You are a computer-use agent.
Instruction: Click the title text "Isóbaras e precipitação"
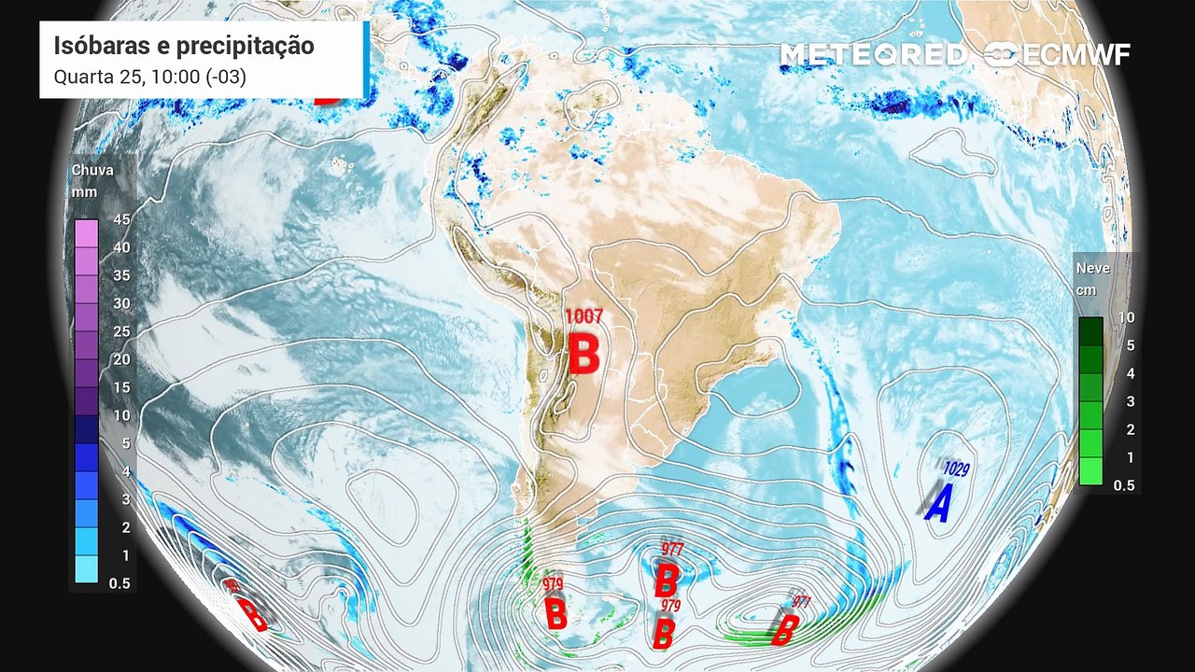pyautogui.click(x=184, y=47)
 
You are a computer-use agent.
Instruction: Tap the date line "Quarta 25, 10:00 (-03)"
pyautogui.click(x=150, y=77)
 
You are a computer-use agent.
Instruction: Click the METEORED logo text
pyautogui.click(x=873, y=55)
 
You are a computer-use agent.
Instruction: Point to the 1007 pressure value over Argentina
pyautogui.click(x=584, y=317)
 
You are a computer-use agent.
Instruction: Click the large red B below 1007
pyautogui.click(x=584, y=356)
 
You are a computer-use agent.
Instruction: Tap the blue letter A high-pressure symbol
pyautogui.click(x=938, y=504)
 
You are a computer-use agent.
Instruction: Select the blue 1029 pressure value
pyautogui.click(x=957, y=469)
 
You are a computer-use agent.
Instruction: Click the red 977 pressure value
pyautogui.click(x=672, y=549)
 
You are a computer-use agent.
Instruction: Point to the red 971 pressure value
pyautogui.click(x=801, y=603)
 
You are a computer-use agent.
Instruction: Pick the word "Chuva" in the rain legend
pyautogui.click(x=92, y=170)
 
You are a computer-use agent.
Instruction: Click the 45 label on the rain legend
pyautogui.click(x=121, y=219)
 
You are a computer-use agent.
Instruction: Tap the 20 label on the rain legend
pyautogui.click(x=121, y=359)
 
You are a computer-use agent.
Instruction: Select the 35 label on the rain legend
pyautogui.click(x=121, y=275)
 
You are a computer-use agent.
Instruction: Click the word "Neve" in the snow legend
pyautogui.click(x=1093, y=268)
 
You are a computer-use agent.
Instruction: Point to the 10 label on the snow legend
pyautogui.click(x=1126, y=317)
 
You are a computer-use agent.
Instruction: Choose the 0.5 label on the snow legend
pyautogui.click(x=1124, y=485)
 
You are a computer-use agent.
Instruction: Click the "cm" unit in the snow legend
pyautogui.click(x=1086, y=289)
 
